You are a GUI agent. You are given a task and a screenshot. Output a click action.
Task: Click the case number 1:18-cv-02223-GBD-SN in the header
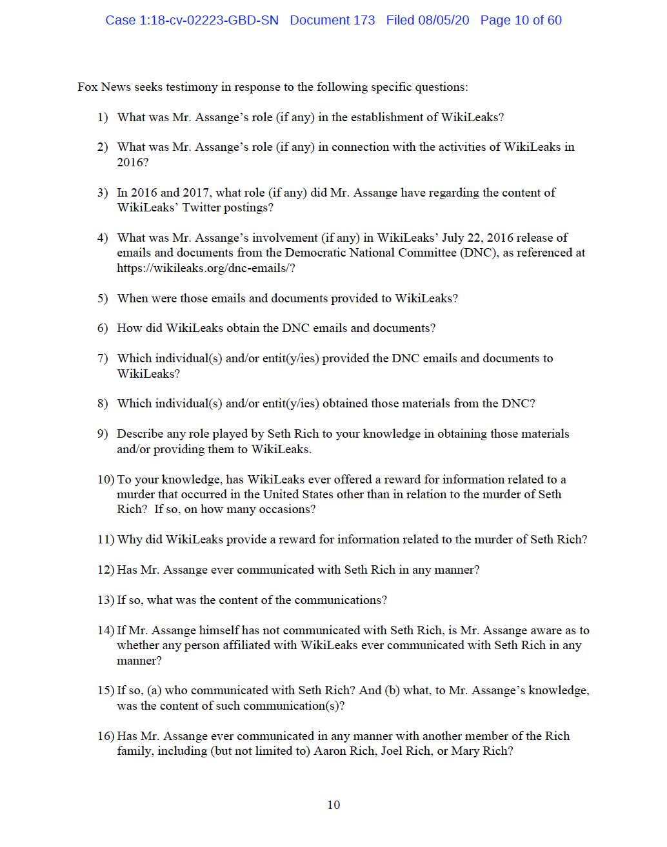pos(192,20)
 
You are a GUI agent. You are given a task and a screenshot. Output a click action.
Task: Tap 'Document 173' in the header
pos(332,20)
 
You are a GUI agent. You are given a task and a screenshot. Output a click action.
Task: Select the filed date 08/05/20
pos(443,20)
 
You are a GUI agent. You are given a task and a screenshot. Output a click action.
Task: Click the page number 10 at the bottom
pos(333,804)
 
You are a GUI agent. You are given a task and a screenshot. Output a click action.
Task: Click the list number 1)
pos(103,117)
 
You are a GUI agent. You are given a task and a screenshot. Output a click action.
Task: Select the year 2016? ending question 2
pos(133,162)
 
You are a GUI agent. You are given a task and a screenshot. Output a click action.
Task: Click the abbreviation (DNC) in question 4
pos(479,253)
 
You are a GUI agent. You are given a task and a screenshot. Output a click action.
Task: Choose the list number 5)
pos(103,298)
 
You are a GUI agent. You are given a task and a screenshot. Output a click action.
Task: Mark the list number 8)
pos(103,404)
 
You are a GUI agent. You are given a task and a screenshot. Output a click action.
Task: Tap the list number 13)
pos(105,600)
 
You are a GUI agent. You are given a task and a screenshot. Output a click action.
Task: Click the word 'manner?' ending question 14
pos(139,661)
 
